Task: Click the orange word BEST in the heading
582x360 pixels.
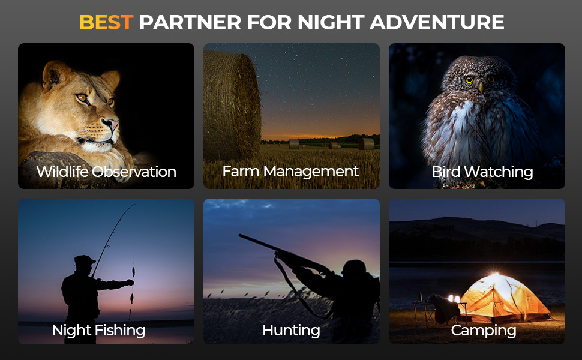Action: pyautogui.click(x=106, y=22)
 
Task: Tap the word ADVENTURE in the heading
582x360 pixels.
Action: pyautogui.click(x=437, y=22)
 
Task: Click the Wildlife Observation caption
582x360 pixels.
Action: pyautogui.click(x=106, y=172)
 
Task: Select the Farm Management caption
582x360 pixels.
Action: pyautogui.click(x=290, y=172)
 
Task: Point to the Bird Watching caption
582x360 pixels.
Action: pyautogui.click(x=482, y=172)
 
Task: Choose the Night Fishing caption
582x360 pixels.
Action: pyautogui.click(x=98, y=331)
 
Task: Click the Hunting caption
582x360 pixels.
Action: pyautogui.click(x=291, y=331)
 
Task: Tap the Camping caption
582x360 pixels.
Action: pyautogui.click(x=483, y=331)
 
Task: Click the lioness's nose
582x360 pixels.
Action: pyautogui.click(x=112, y=124)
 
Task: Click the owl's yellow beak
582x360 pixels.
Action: pyautogui.click(x=481, y=87)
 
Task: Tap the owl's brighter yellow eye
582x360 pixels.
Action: pyautogui.click(x=469, y=80)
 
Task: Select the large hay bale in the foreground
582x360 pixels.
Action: pyautogui.click(x=232, y=106)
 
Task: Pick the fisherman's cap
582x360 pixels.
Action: pyautogui.click(x=84, y=260)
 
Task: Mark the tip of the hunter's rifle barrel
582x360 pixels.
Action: pyautogui.click(x=240, y=236)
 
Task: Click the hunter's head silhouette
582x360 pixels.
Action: pyautogui.click(x=354, y=269)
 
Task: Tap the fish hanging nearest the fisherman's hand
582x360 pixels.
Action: pyautogui.click(x=133, y=272)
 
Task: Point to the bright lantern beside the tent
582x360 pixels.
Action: pyautogui.click(x=454, y=299)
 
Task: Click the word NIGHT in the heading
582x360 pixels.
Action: pyautogui.click(x=331, y=22)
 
